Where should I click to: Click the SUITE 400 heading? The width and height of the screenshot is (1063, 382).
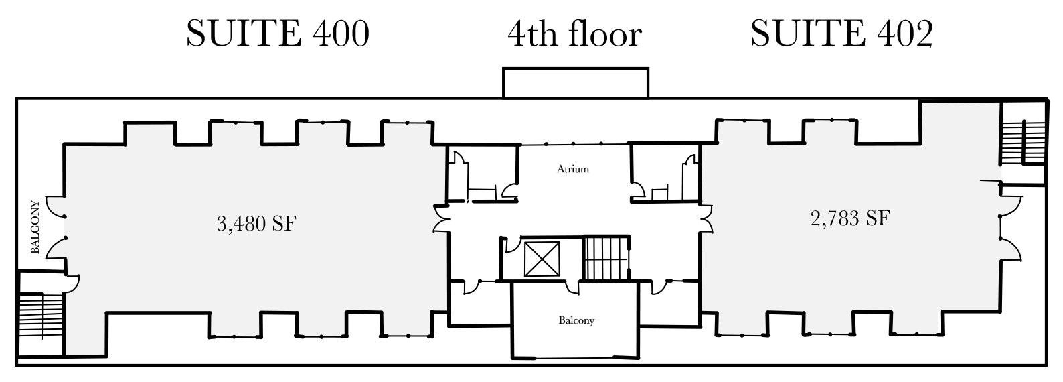278,34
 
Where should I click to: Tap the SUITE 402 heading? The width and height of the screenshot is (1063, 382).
841,34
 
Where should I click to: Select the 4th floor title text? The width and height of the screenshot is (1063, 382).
575,34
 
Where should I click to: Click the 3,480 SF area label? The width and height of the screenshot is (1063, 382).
256,222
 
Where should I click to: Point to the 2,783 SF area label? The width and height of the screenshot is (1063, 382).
850,218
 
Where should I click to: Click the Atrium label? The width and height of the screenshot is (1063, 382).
573,169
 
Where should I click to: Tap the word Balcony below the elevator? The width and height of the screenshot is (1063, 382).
576,321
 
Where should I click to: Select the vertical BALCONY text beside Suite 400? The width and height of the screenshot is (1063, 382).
35,227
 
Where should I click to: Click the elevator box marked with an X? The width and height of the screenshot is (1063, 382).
542,259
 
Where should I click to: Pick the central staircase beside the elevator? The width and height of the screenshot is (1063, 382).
606,258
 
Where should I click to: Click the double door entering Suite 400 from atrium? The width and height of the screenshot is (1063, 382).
441,218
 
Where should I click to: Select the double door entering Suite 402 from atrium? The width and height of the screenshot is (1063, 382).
705,218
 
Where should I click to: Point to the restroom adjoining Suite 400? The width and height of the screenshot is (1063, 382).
482,173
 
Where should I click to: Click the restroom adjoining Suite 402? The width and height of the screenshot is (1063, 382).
666,173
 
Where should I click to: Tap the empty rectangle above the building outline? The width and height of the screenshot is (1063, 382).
576,82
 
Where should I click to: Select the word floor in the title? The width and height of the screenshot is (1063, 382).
605,34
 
